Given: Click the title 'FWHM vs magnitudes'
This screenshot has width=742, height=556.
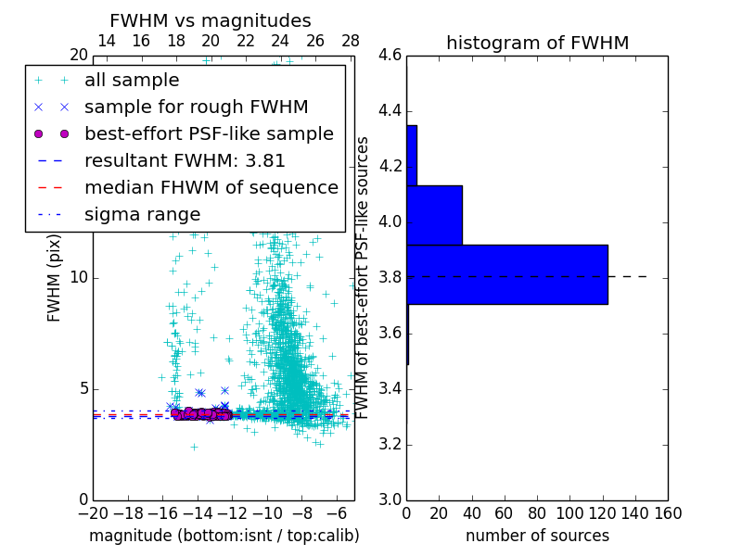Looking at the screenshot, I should pyautogui.click(x=210, y=20).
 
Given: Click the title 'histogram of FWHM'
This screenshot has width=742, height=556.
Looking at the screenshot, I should pyautogui.click(x=537, y=43).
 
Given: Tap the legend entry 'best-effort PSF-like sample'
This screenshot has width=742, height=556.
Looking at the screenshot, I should pyautogui.click(x=209, y=133).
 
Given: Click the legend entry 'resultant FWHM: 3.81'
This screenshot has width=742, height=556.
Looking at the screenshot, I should pyautogui.click(x=185, y=160).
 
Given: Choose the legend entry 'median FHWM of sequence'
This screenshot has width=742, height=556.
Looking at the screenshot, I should pyautogui.click(x=211, y=187).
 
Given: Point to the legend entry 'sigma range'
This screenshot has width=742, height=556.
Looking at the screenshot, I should pyautogui.click(x=142, y=214).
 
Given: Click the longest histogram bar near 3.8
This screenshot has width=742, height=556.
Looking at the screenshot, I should pyautogui.click(x=506, y=274).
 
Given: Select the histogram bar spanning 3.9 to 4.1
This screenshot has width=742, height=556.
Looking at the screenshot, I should pyautogui.click(x=434, y=215).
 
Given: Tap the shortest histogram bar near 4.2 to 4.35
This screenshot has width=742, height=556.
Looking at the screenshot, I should pyautogui.click(x=412, y=155).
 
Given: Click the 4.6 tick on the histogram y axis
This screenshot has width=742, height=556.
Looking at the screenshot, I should pyautogui.click(x=390, y=56).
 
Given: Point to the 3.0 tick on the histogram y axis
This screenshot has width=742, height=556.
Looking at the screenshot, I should pyautogui.click(x=390, y=499).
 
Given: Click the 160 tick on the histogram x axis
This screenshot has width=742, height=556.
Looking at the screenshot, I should pyautogui.click(x=668, y=513).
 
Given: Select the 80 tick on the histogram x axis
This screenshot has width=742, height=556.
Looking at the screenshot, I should pyautogui.click(x=537, y=513).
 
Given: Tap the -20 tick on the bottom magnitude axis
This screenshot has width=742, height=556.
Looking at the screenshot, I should pyautogui.click(x=93, y=513).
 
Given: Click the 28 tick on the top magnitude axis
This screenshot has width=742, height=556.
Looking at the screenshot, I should pyautogui.click(x=351, y=41).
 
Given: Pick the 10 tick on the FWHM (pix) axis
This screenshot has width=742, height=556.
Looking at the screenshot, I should pyautogui.click(x=79, y=278).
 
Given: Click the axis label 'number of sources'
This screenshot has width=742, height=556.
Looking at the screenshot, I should pyautogui.click(x=537, y=536).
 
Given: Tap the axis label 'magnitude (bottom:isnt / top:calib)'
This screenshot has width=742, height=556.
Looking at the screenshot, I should pyautogui.click(x=224, y=536).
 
